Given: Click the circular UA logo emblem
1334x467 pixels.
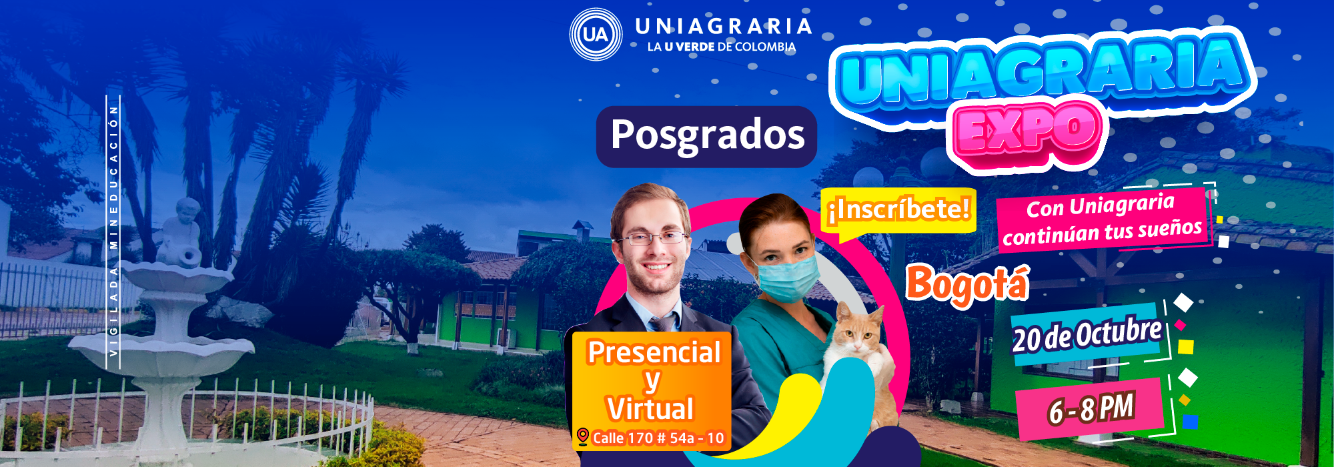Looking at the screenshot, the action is click(596, 34).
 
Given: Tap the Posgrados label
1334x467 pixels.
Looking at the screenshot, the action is click(707, 136).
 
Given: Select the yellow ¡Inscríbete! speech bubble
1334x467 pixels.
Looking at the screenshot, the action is click(898, 212).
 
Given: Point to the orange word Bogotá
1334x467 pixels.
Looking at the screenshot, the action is click(968, 284).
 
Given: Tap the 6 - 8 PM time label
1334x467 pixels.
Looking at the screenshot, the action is click(1090, 408).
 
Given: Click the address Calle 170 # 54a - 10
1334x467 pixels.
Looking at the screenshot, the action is click(658, 438).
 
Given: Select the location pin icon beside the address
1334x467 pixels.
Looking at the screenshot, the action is click(582, 437).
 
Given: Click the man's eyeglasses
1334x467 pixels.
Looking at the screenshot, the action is click(654, 238).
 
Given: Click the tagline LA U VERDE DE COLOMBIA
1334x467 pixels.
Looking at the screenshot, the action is click(721, 47).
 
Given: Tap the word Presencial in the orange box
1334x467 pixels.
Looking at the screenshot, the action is click(654, 352).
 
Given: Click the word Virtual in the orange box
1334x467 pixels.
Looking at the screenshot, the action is click(650, 408).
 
